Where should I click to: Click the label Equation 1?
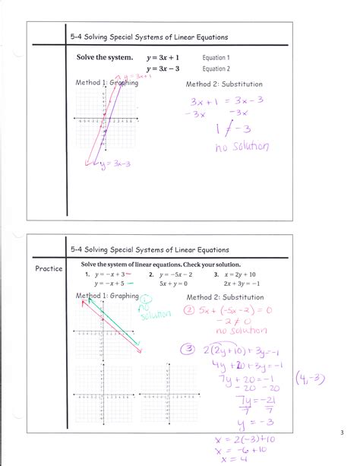click(216, 58)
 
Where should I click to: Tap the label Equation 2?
click(216, 68)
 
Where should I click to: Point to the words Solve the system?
click(105, 58)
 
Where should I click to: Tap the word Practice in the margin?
click(48, 269)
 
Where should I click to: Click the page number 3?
click(343, 433)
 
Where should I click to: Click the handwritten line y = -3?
click(245, 422)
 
